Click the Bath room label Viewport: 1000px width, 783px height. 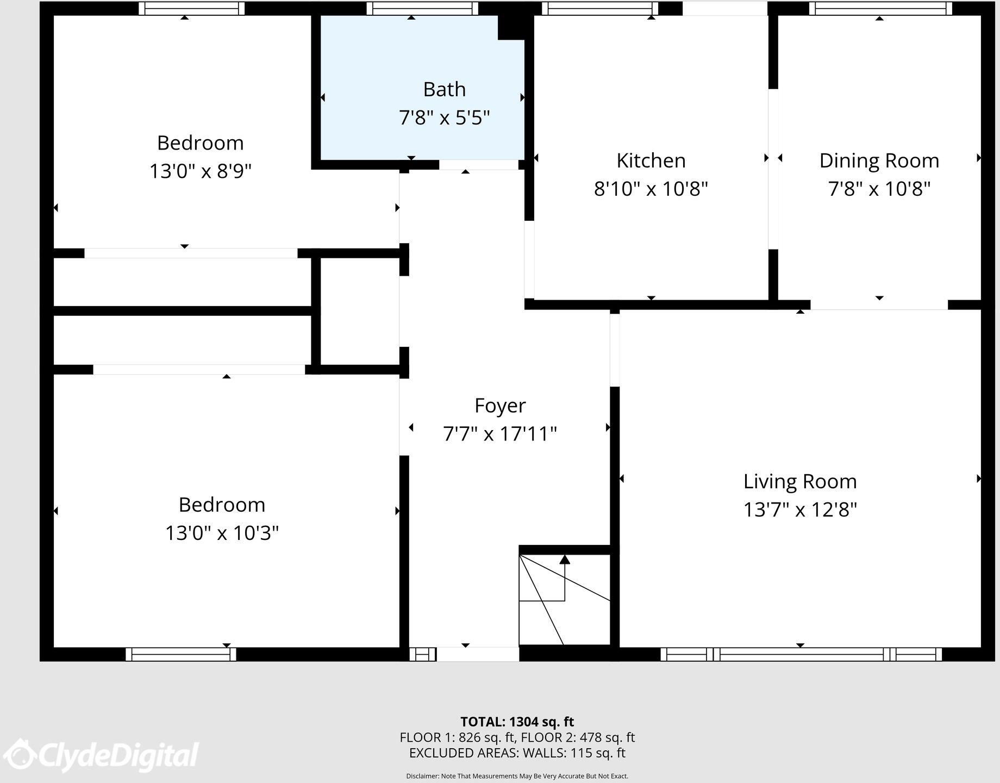pos(444,89)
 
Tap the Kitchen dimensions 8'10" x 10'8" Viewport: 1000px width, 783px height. pos(651,189)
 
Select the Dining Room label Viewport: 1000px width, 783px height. pos(879,161)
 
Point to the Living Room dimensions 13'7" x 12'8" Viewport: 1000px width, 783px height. pos(799,510)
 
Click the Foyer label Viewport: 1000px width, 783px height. pos(500,406)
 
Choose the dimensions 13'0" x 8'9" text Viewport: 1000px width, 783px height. pos(200,171)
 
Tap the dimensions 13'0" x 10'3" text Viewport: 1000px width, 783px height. pos(222,533)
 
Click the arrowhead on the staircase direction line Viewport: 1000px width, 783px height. pos(565,559)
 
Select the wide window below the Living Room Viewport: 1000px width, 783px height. pos(801,654)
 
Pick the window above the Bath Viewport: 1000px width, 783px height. pos(422,9)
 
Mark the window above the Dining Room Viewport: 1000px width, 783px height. pos(880,9)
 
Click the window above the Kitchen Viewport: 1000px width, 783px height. pos(600,9)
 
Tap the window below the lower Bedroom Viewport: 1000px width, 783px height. pos(180,654)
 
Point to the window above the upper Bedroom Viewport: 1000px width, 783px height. pos(191,9)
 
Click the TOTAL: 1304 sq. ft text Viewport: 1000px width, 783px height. pos(517,722)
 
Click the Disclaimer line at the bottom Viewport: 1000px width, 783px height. pos(517,776)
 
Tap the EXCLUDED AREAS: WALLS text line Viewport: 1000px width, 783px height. pos(517,753)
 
